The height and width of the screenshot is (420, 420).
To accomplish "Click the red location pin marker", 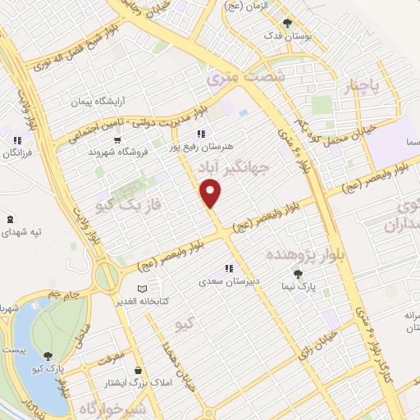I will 212,194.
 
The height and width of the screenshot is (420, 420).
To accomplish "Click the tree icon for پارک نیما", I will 298,275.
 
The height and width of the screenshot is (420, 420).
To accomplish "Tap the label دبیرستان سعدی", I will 230,281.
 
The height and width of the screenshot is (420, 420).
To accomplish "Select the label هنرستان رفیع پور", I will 202,146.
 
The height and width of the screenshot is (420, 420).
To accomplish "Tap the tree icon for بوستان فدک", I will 286,24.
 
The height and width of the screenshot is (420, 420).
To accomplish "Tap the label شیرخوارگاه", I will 117,408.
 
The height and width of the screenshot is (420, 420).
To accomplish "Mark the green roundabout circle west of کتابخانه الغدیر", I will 105,275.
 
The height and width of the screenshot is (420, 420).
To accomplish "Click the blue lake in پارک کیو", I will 37,345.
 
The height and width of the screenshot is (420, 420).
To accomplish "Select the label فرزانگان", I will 16,153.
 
